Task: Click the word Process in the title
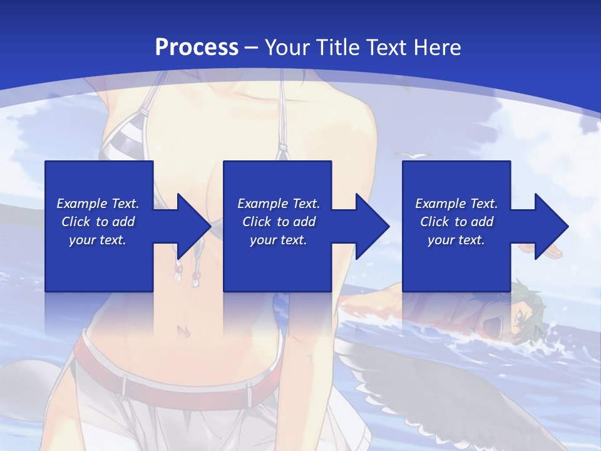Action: [x=197, y=47]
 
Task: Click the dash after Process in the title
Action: [x=252, y=48]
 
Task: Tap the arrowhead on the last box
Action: [x=549, y=226]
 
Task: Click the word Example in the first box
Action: [x=81, y=204]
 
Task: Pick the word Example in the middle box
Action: [x=262, y=204]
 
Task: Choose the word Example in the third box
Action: [x=440, y=204]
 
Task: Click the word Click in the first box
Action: [x=76, y=222]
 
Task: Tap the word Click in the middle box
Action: [x=257, y=222]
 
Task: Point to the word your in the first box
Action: [x=81, y=240]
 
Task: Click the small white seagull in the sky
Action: [x=416, y=155]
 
